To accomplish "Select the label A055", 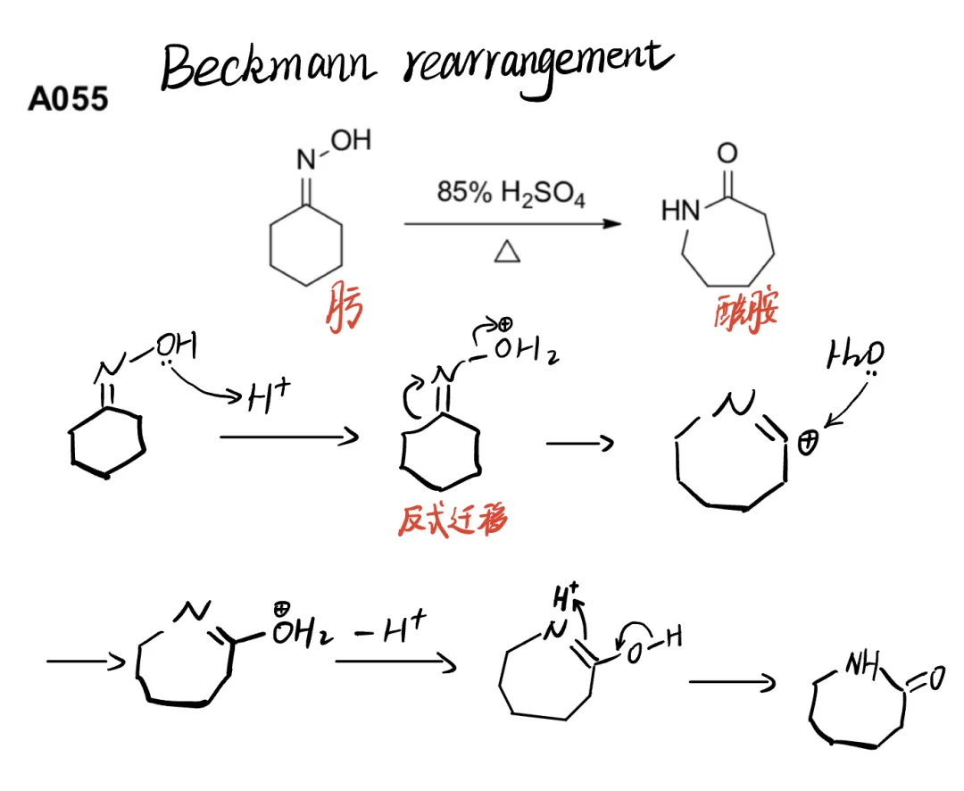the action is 68,99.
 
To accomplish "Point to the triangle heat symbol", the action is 506,254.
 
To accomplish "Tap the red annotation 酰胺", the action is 745,309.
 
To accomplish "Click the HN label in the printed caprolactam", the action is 681,211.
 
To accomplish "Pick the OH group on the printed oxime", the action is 353,141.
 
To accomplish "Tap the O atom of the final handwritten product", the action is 934,680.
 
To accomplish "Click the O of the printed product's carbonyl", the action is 727,154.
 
